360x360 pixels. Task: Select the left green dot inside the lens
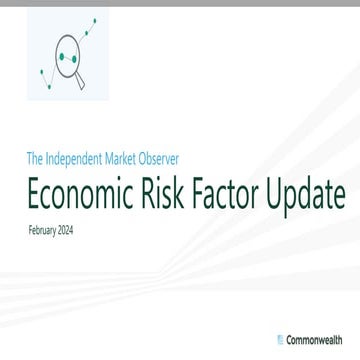pos(62,57)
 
